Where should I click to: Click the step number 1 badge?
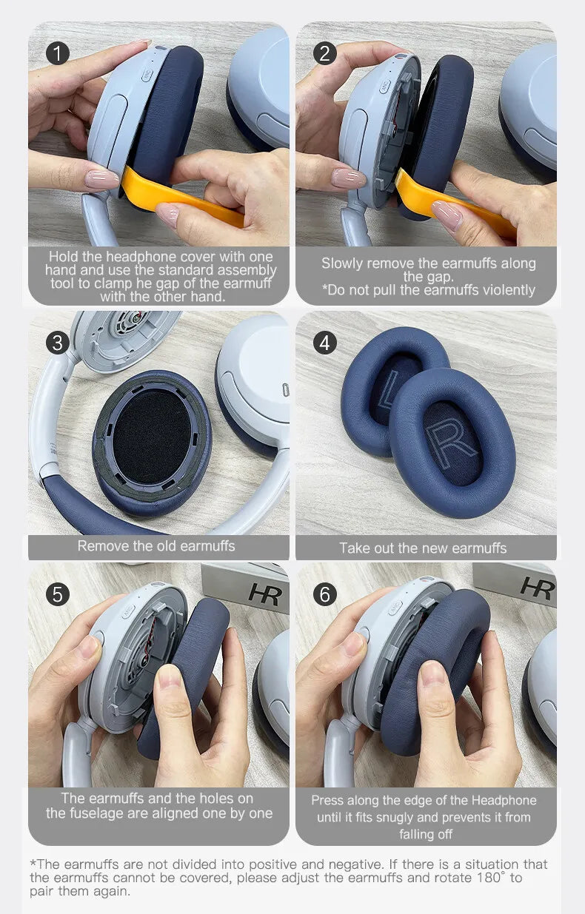click(x=57, y=53)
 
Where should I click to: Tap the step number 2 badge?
click(x=324, y=53)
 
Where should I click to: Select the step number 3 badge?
click(x=57, y=343)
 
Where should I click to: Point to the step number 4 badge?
click(x=324, y=343)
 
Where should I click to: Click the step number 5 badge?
click(x=57, y=594)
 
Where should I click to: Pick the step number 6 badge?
click(x=324, y=594)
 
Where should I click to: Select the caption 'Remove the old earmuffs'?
click(x=156, y=546)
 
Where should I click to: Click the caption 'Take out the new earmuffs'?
click(x=423, y=548)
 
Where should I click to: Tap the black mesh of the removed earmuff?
click(x=152, y=436)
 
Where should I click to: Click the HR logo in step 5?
click(x=264, y=594)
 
